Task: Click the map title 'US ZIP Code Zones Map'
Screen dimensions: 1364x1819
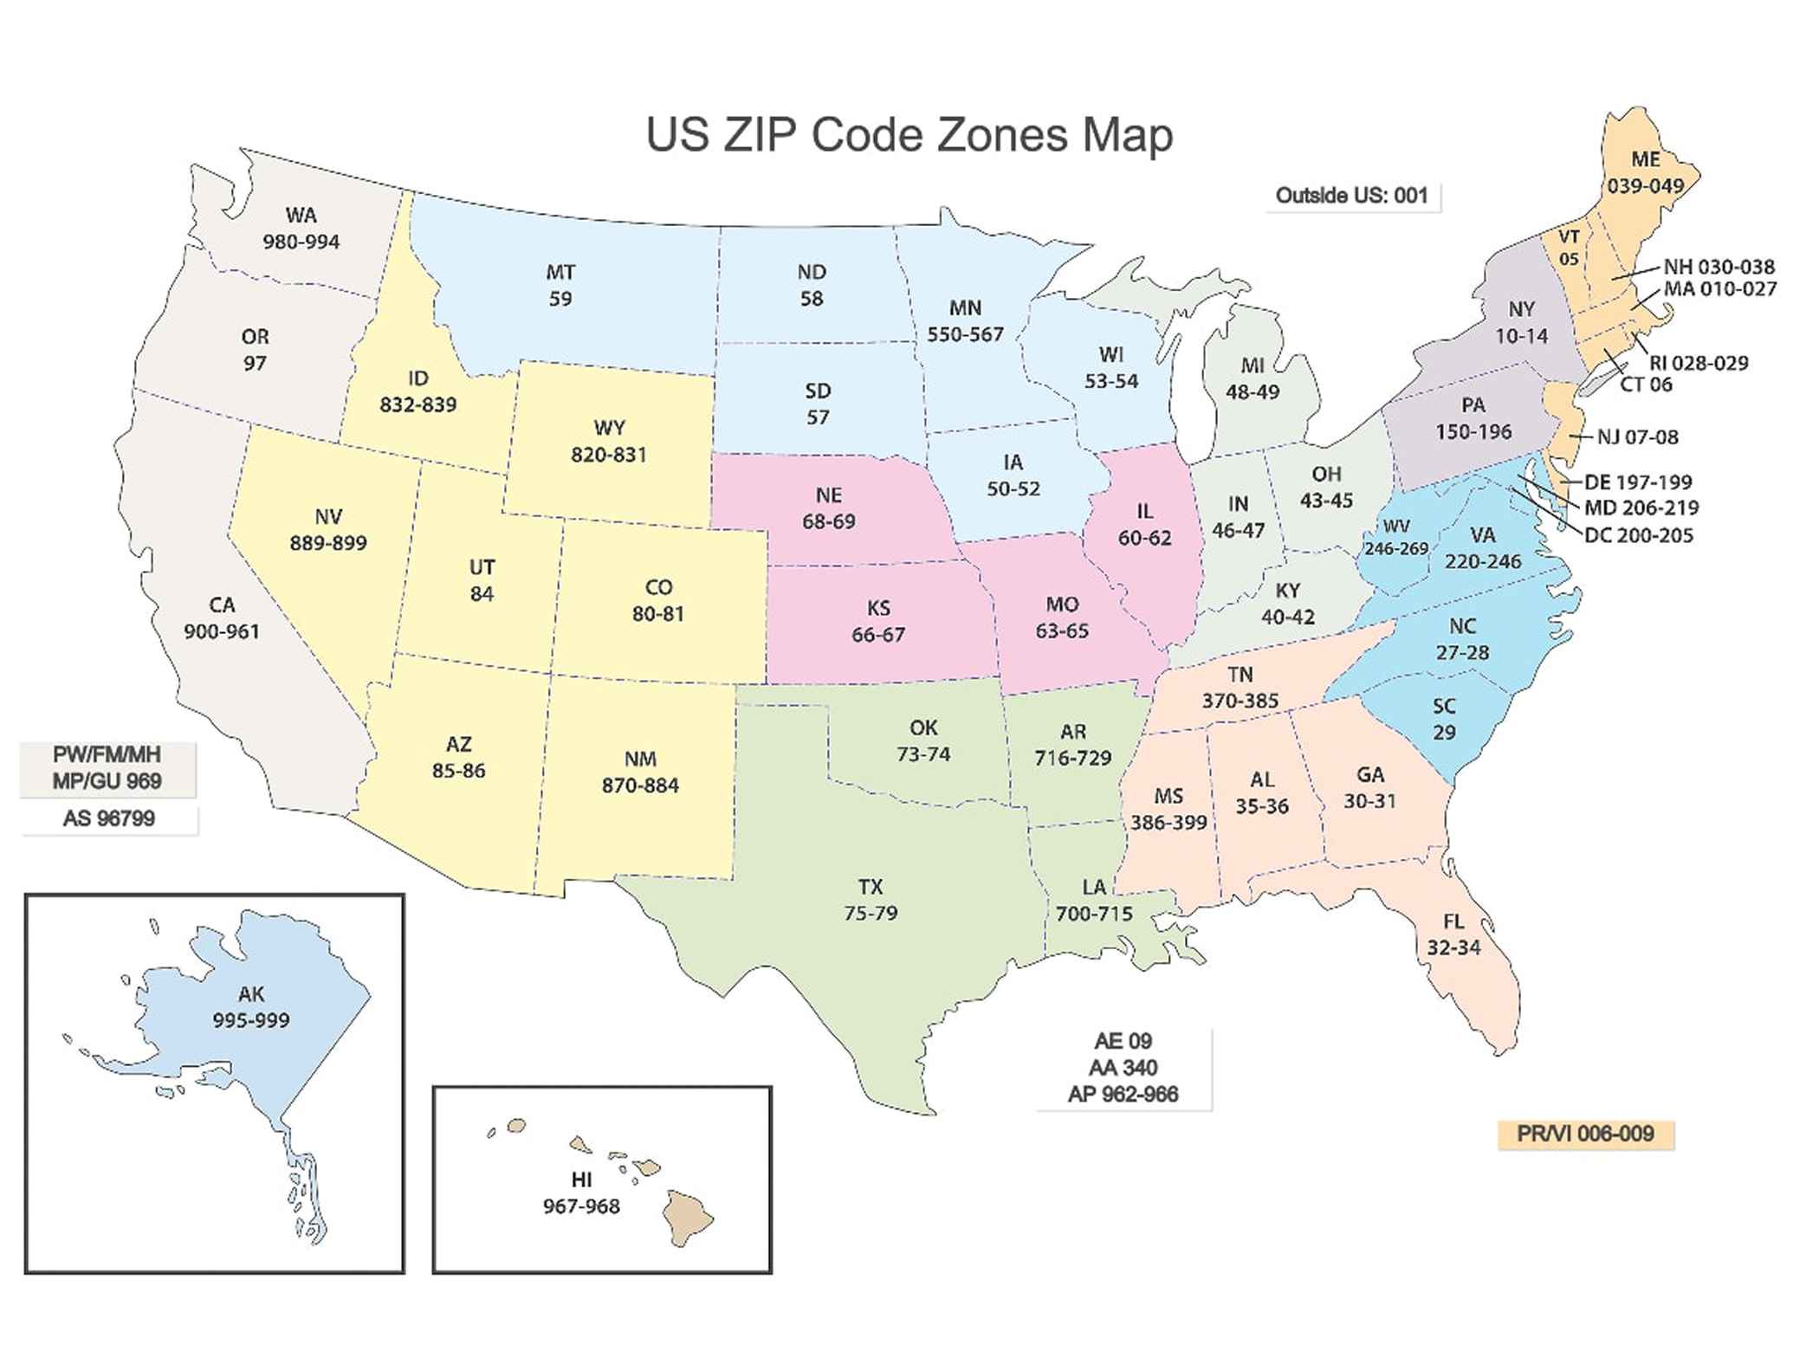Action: click(x=909, y=136)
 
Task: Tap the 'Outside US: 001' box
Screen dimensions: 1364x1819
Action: click(x=1351, y=196)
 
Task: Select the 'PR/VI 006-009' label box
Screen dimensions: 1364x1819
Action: click(x=1585, y=1134)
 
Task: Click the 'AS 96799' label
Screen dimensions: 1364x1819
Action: click(x=109, y=818)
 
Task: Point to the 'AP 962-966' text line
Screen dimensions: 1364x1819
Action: click(x=1123, y=1095)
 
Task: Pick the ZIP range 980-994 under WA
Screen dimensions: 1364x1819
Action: click(x=301, y=242)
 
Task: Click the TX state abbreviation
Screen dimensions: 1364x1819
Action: click(x=871, y=887)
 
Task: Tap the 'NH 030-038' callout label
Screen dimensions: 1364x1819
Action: click(x=1719, y=267)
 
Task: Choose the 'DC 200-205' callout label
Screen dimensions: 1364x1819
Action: click(x=1638, y=535)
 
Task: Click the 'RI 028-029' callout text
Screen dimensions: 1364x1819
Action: click(x=1699, y=363)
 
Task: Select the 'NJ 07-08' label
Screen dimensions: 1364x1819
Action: click(x=1637, y=437)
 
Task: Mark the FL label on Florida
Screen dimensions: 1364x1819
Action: click(x=1453, y=922)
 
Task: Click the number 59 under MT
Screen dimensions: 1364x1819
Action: click(x=560, y=299)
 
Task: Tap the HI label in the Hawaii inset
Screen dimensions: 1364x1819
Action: click(x=581, y=1180)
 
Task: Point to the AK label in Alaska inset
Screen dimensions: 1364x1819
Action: click(x=251, y=994)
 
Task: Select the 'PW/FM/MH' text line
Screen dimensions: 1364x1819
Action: click(x=107, y=755)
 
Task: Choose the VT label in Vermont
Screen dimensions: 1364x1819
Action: click(x=1569, y=236)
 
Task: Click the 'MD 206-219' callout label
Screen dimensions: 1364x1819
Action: click(x=1641, y=507)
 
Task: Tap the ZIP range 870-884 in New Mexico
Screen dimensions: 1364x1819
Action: click(x=640, y=785)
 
